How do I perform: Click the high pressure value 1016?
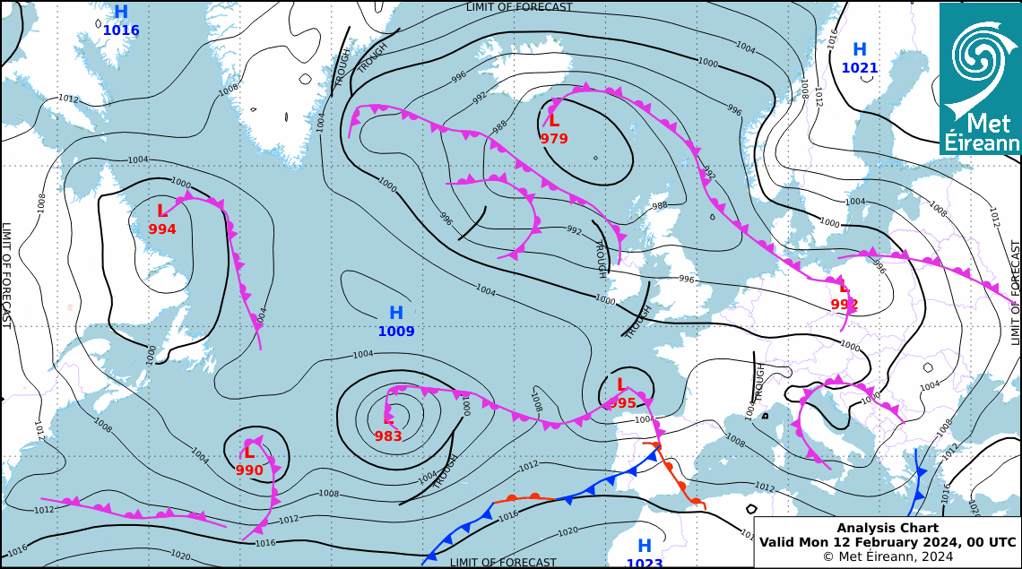pyautogui.click(x=121, y=30)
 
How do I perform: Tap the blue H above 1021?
pyautogui.click(x=860, y=50)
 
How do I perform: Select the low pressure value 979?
pyautogui.click(x=554, y=139)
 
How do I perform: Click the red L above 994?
pyautogui.click(x=162, y=211)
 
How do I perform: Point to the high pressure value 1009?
pyautogui.click(x=396, y=332)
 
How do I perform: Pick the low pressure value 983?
pyautogui.click(x=388, y=436)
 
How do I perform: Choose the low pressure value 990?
pyautogui.click(x=249, y=470)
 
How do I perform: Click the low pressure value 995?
pyautogui.click(x=622, y=403)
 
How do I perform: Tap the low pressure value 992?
pyautogui.click(x=844, y=305)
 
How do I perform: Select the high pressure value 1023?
pyautogui.click(x=645, y=563)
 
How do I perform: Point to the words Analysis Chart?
pyautogui.click(x=888, y=529)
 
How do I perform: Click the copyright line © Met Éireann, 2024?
pyautogui.click(x=888, y=556)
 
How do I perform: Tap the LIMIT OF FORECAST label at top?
pyautogui.click(x=519, y=7)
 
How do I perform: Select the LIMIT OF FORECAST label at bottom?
pyautogui.click(x=503, y=563)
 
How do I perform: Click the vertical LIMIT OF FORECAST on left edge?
pyautogui.click(x=6, y=275)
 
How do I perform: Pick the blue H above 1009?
pyautogui.click(x=396, y=314)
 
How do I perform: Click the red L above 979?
pyautogui.click(x=554, y=120)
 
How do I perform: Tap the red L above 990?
pyautogui.click(x=249, y=453)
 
